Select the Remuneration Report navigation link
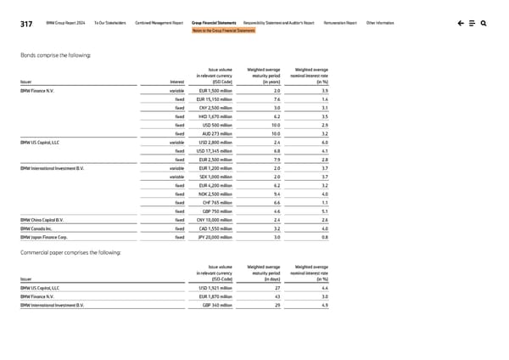click(x=340, y=23)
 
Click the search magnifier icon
click(x=483, y=23)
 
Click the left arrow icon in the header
click(x=459, y=23)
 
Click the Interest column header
click(x=177, y=82)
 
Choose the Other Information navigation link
click(x=379, y=23)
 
